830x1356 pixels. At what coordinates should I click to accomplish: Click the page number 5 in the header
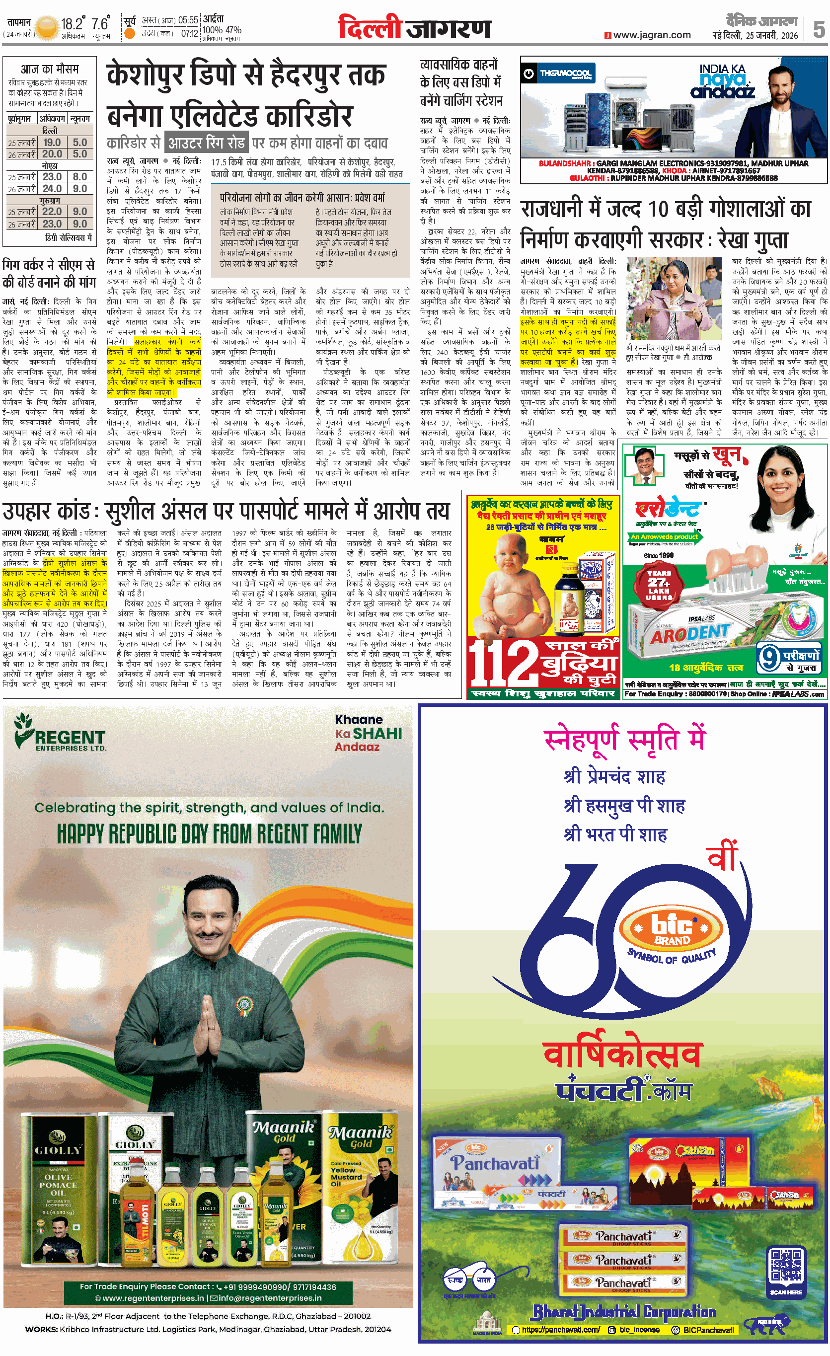tap(819, 29)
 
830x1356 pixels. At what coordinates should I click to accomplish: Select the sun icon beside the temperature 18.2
tap(48, 26)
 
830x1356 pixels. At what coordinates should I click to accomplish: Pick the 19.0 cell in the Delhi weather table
tap(52, 142)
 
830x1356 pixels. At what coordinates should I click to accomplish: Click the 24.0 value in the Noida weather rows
tap(52, 188)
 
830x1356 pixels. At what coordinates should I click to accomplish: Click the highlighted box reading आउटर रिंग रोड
tap(207, 143)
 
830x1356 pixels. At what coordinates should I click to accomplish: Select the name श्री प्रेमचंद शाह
tap(614, 776)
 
